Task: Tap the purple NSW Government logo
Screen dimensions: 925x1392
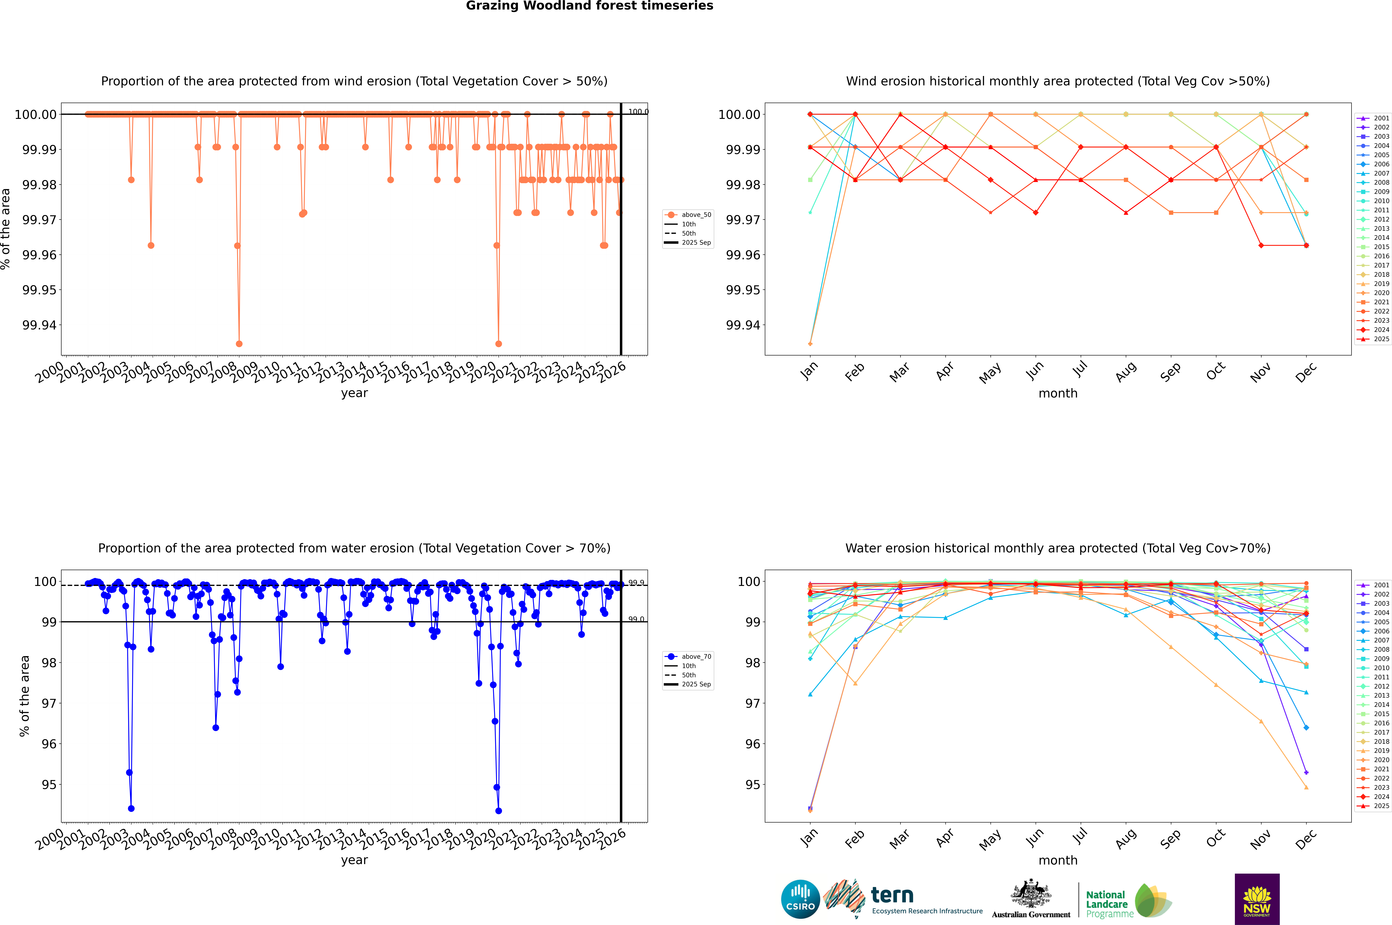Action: coord(1257,899)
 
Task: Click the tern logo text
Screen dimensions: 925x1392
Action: coord(892,896)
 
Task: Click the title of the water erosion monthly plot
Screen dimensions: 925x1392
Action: coord(1057,548)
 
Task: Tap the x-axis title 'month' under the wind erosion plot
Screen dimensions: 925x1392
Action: coord(1057,394)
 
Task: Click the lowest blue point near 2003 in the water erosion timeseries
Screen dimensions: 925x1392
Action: coord(131,808)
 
